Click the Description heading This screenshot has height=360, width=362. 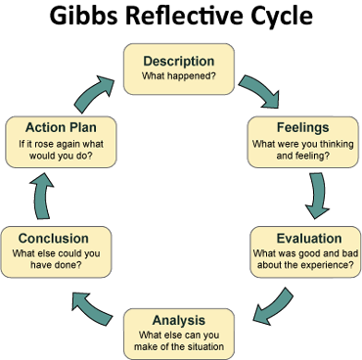179,61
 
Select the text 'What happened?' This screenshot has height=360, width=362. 179,77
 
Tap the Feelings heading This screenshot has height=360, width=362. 302,127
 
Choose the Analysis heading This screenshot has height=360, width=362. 180,320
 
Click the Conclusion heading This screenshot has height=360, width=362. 53,238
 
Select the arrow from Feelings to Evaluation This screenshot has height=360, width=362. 315,194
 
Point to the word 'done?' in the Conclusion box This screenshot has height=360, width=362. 79,264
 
